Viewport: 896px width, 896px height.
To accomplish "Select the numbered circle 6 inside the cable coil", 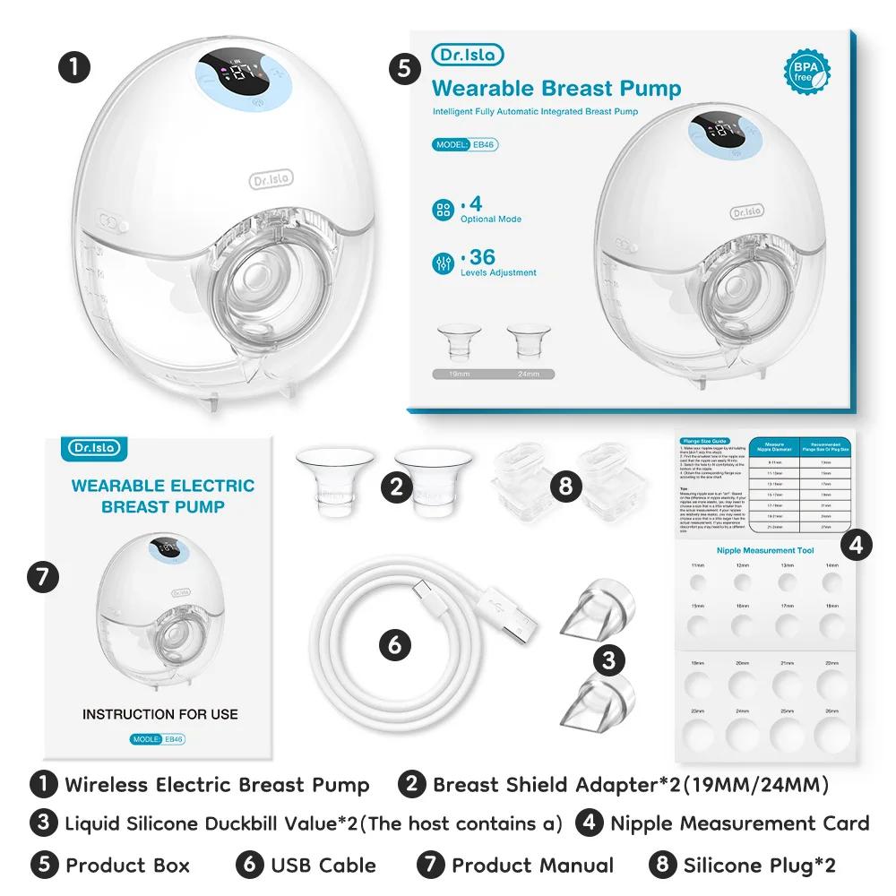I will pyautogui.click(x=395, y=643).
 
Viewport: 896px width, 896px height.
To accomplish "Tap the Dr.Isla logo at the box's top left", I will pyautogui.click(x=468, y=55).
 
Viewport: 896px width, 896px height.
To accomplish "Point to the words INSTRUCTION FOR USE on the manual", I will pyautogui.click(x=160, y=714).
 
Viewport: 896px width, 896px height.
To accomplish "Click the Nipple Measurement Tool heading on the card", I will pyautogui.click(x=765, y=550).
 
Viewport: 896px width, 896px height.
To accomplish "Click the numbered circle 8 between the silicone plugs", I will pyautogui.click(x=564, y=486).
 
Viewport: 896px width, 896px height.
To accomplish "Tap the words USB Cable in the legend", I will pyautogui.click(x=323, y=865).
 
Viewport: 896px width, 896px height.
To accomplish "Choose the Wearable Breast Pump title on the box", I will pyautogui.click(x=556, y=88).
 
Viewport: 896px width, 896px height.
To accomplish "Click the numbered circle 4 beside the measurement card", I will pyautogui.click(x=857, y=544).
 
